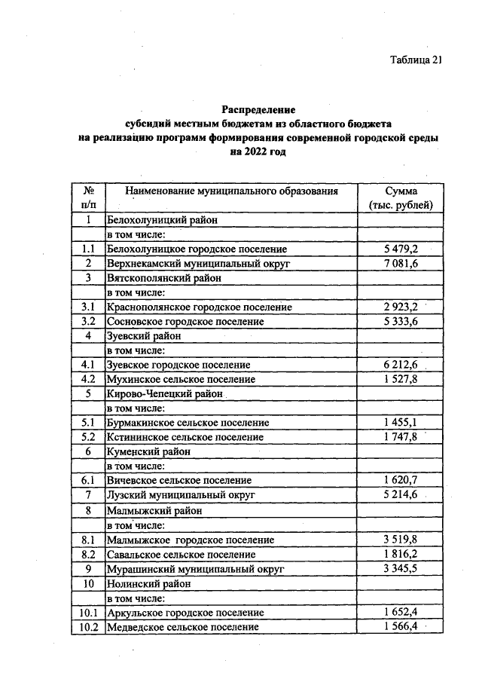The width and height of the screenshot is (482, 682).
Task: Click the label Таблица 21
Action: pos(410,60)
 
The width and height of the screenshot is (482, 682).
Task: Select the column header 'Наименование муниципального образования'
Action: pos(231,191)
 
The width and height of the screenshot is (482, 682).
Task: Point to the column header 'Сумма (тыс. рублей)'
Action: pos(400,198)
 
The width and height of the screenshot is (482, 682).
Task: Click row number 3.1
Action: pos(88,307)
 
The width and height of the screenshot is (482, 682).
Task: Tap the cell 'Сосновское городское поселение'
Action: pos(185,321)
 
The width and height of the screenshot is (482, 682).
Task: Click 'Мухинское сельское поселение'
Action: pos(181,378)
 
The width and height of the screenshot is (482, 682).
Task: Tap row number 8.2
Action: pos(88,554)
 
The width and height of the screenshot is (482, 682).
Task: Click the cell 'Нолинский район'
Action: pos(148,583)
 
